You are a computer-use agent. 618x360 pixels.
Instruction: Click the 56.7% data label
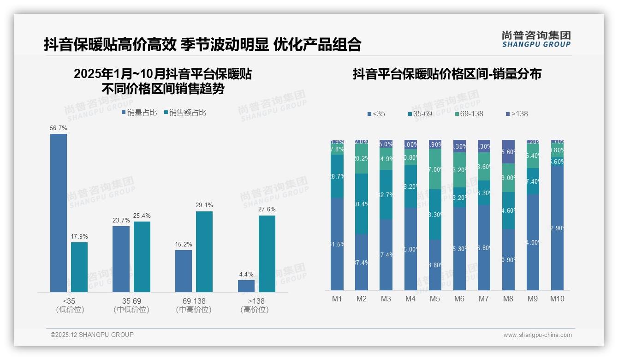(59, 128)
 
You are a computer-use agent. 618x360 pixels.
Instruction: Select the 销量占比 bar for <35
(59, 213)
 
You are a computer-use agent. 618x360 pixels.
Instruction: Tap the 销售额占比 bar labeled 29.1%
(204, 252)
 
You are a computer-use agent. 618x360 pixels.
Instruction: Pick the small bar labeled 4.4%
(246, 286)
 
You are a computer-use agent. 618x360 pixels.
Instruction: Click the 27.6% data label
(267, 209)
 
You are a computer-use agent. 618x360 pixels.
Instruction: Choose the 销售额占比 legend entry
(185, 113)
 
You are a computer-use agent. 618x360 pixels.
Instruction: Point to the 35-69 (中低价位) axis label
(131, 305)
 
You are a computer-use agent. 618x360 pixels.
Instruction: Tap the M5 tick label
(435, 299)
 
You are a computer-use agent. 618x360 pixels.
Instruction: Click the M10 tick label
(557, 299)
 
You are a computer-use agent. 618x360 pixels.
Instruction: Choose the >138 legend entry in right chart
(517, 114)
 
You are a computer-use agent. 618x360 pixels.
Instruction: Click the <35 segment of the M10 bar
(557, 226)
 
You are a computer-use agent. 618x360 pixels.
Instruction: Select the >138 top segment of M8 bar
(508, 151)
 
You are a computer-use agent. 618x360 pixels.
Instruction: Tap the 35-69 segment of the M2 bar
(362, 204)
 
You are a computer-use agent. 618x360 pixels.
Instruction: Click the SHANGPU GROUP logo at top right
(536, 39)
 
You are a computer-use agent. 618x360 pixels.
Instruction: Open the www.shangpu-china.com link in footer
(537, 335)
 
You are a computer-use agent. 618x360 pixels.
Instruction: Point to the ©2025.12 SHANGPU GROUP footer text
(92, 335)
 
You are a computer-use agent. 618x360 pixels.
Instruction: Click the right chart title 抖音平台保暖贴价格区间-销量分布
(447, 74)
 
